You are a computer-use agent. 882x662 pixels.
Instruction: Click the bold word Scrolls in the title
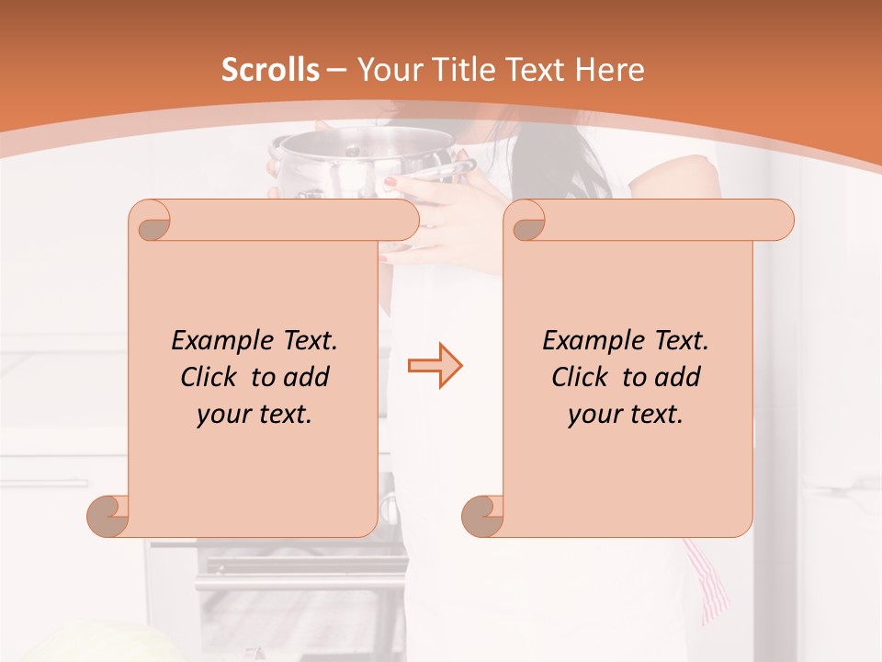[x=270, y=70]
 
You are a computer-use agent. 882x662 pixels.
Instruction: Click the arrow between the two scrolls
[x=435, y=365]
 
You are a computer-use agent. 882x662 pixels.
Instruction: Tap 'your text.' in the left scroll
[x=254, y=415]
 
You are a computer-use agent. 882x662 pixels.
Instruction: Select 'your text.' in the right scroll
[x=626, y=415]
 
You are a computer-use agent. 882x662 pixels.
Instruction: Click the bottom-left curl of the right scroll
[x=482, y=516]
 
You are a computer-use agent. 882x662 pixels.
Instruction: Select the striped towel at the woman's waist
[x=708, y=580]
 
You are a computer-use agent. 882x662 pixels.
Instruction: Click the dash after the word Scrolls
[x=337, y=70]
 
